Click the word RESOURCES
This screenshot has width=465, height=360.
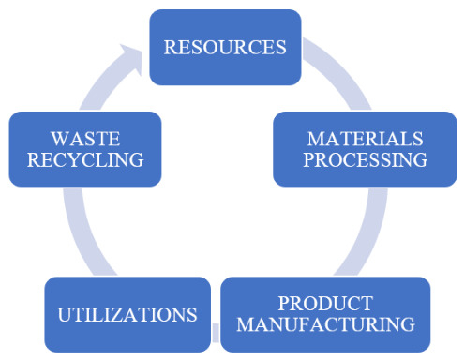point(225,47)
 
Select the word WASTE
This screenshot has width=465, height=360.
point(85,139)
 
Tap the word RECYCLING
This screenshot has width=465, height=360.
point(85,159)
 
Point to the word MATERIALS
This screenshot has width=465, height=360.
point(366,139)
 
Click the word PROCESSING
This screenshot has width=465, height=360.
point(366,159)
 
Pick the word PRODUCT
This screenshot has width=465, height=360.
point(325,303)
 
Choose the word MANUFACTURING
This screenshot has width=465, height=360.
point(325,324)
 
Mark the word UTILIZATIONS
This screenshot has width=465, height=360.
point(127,314)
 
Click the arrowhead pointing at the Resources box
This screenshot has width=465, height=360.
point(132,59)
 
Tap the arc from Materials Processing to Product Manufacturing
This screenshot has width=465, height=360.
point(367,232)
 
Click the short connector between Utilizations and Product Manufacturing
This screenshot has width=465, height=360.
point(216,333)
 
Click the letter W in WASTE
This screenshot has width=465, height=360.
point(60,139)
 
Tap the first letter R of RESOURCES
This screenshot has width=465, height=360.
point(171,47)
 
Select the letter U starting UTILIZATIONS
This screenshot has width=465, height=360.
point(66,315)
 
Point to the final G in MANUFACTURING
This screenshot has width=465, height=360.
point(408,324)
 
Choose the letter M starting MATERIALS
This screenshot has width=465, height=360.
point(317,139)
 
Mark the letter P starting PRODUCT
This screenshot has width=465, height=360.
point(284,303)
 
